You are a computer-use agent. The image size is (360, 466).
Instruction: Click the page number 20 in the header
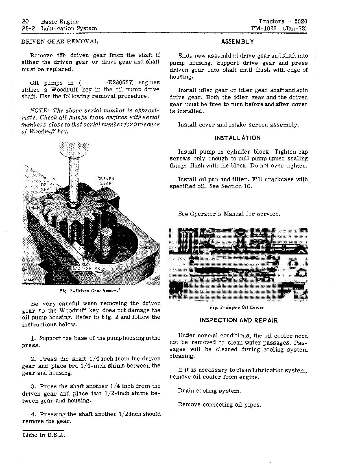[25, 21]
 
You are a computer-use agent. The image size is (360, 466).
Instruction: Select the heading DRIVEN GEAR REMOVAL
[60, 42]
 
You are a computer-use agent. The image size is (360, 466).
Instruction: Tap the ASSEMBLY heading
[237, 42]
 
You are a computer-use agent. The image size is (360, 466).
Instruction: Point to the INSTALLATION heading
[237, 138]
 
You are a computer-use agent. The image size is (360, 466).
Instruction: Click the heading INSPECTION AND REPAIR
[239, 320]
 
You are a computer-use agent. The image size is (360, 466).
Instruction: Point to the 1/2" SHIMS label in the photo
[86, 268]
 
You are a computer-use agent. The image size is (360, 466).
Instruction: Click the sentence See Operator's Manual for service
[229, 214]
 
